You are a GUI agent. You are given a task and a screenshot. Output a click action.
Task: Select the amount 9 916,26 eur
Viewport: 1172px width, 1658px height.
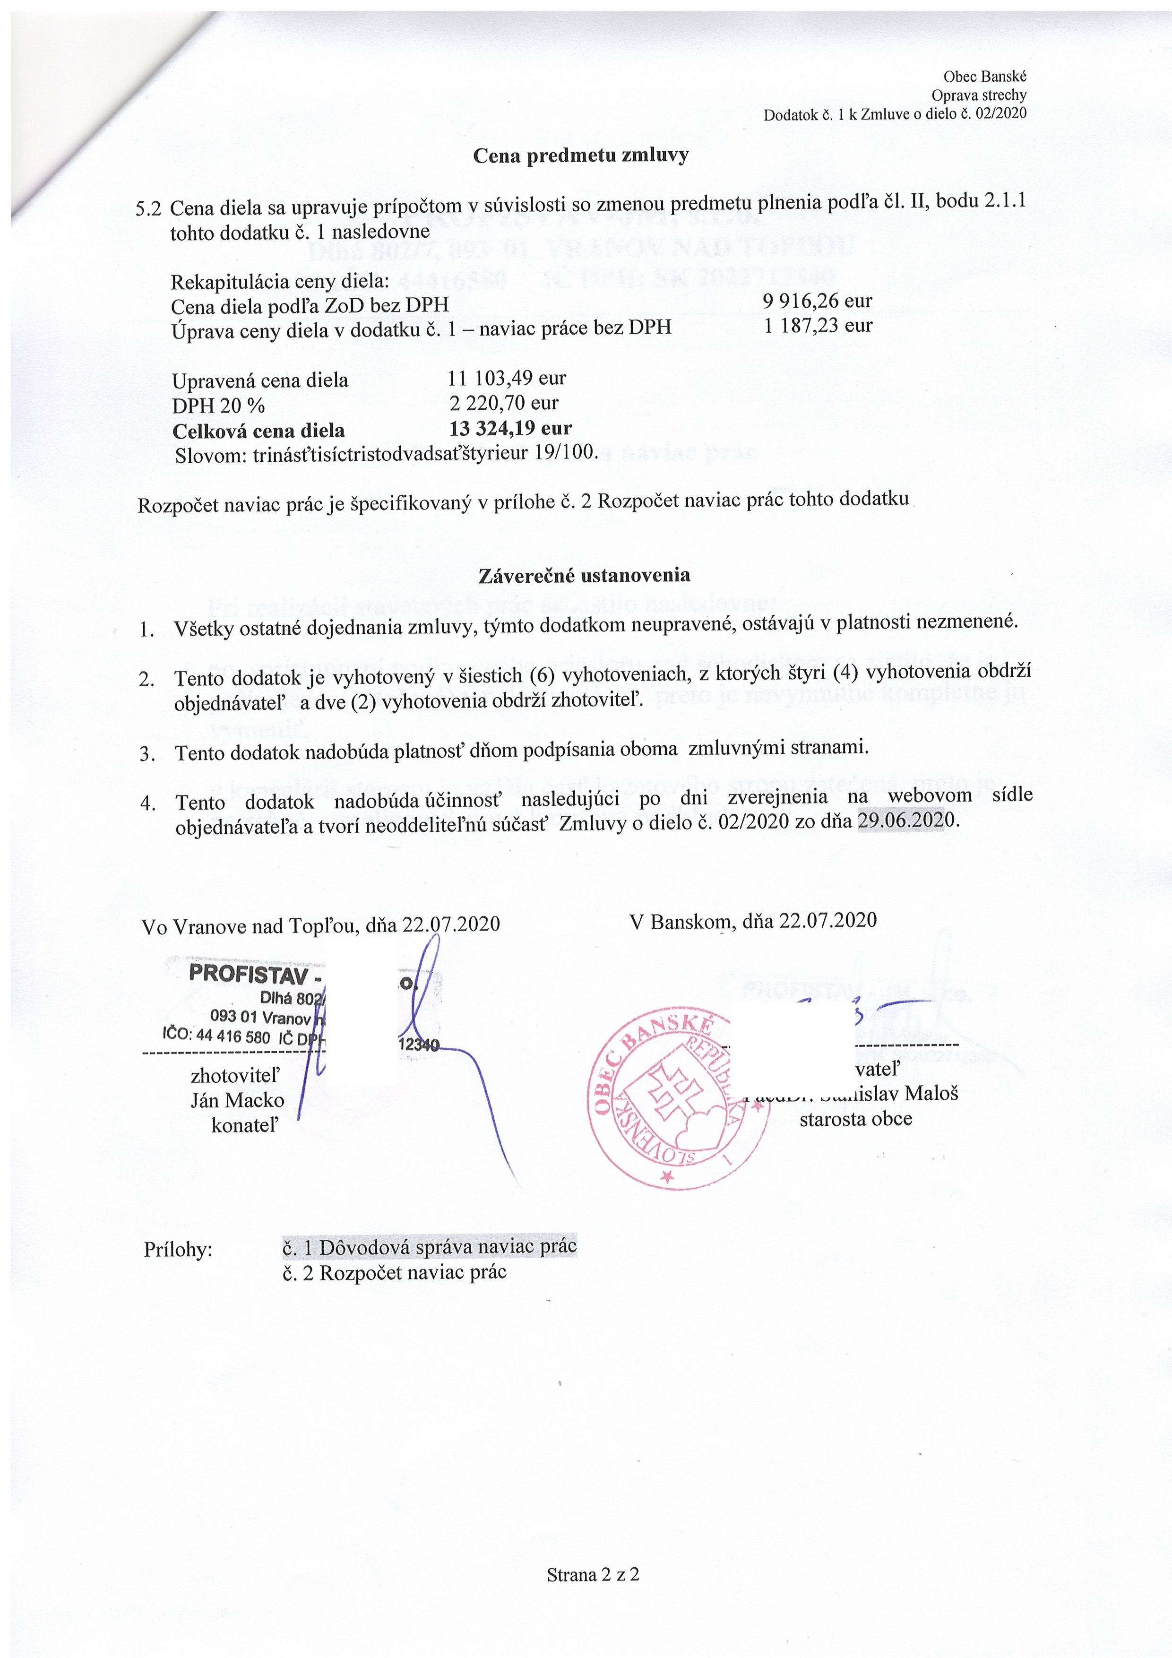click(818, 301)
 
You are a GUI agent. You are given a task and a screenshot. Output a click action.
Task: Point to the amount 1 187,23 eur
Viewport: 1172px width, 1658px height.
click(818, 325)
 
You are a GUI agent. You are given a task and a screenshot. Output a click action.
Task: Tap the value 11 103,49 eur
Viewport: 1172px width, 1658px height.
click(507, 378)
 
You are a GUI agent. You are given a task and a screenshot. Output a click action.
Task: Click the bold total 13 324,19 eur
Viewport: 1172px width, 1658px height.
click(510, 428)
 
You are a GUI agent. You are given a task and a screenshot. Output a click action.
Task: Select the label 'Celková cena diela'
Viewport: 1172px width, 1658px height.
click(258, 431)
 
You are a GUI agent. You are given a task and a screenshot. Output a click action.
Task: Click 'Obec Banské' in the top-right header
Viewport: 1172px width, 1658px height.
click(984, 77)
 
